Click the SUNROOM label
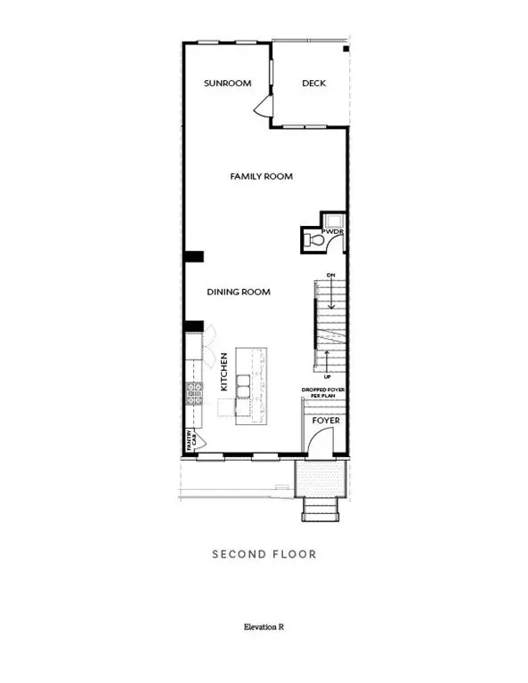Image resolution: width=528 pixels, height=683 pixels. tap(227, 84)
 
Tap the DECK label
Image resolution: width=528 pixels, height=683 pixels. tap(313, 84)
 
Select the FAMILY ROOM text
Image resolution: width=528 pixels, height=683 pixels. tap(262, 177)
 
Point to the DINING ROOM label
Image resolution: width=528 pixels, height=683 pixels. tap(239, 292)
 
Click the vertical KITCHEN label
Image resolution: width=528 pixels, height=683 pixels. tap(225, 373)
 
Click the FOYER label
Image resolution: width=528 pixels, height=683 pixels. tap(325, 420)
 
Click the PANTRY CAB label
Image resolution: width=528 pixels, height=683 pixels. tap(190, 438)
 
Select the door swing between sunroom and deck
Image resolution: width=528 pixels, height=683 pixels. tap(262, 108)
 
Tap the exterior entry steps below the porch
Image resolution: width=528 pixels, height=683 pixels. tap(320, 510)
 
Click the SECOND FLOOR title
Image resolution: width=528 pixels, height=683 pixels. tap(264, 554)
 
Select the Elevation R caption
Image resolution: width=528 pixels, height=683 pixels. tap(264, 627)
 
